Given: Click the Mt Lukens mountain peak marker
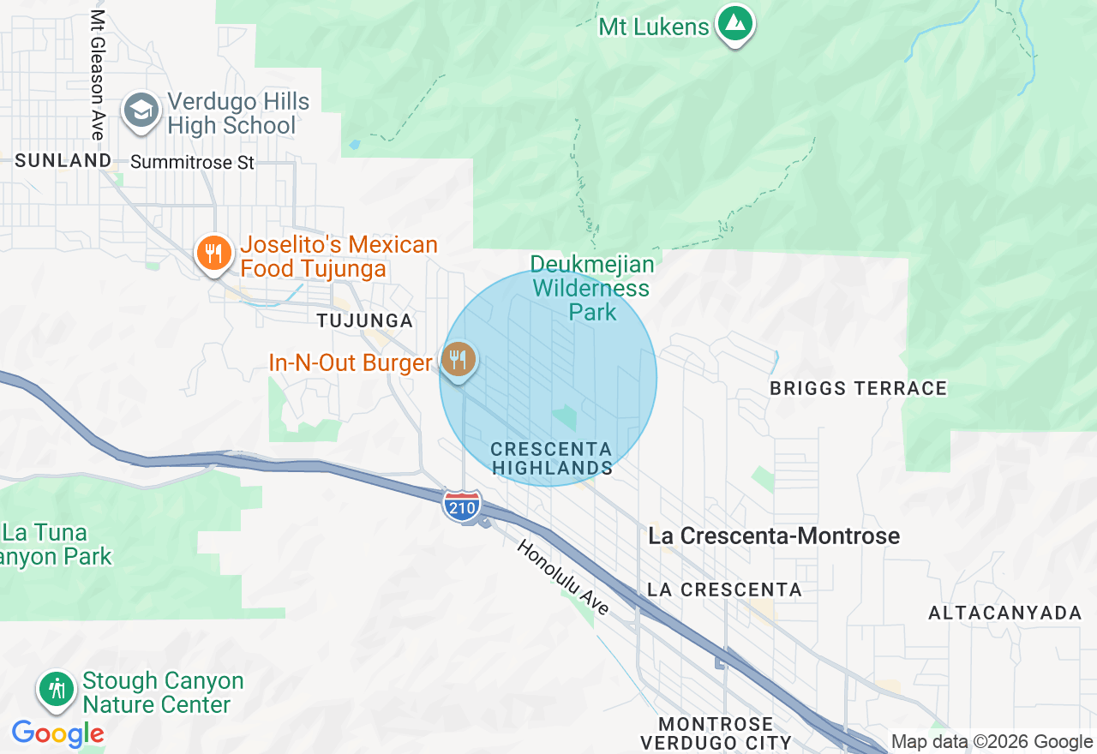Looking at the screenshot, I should click(734, 24).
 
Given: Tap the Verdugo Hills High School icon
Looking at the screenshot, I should click(141, 111).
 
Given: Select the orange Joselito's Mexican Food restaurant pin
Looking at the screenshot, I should click(213, 254).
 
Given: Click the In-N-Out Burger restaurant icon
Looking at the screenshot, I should click(459, 359).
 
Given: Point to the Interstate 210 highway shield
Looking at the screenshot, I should click(462, 506).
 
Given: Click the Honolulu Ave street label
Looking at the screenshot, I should click(563, 577).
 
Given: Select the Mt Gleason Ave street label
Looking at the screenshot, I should click(98, 75).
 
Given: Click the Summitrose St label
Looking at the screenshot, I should click(192, 162).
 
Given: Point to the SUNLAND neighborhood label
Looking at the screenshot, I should click(63, 160).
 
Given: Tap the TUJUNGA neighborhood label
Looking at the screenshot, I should click(365, 320).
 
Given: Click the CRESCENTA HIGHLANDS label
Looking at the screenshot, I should click(551, 458).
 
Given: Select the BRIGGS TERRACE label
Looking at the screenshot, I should click(858, 388).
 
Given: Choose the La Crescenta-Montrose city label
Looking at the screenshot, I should click(774, 536).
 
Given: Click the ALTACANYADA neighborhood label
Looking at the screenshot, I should click(1005, 613).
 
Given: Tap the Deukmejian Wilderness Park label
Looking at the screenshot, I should click(591, 288).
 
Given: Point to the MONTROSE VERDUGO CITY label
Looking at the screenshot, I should click(716, 733).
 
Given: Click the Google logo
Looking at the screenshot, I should click(58, 733).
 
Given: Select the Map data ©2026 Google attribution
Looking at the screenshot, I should click(992, 742).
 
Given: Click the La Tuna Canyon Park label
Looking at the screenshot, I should click(57, 544).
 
